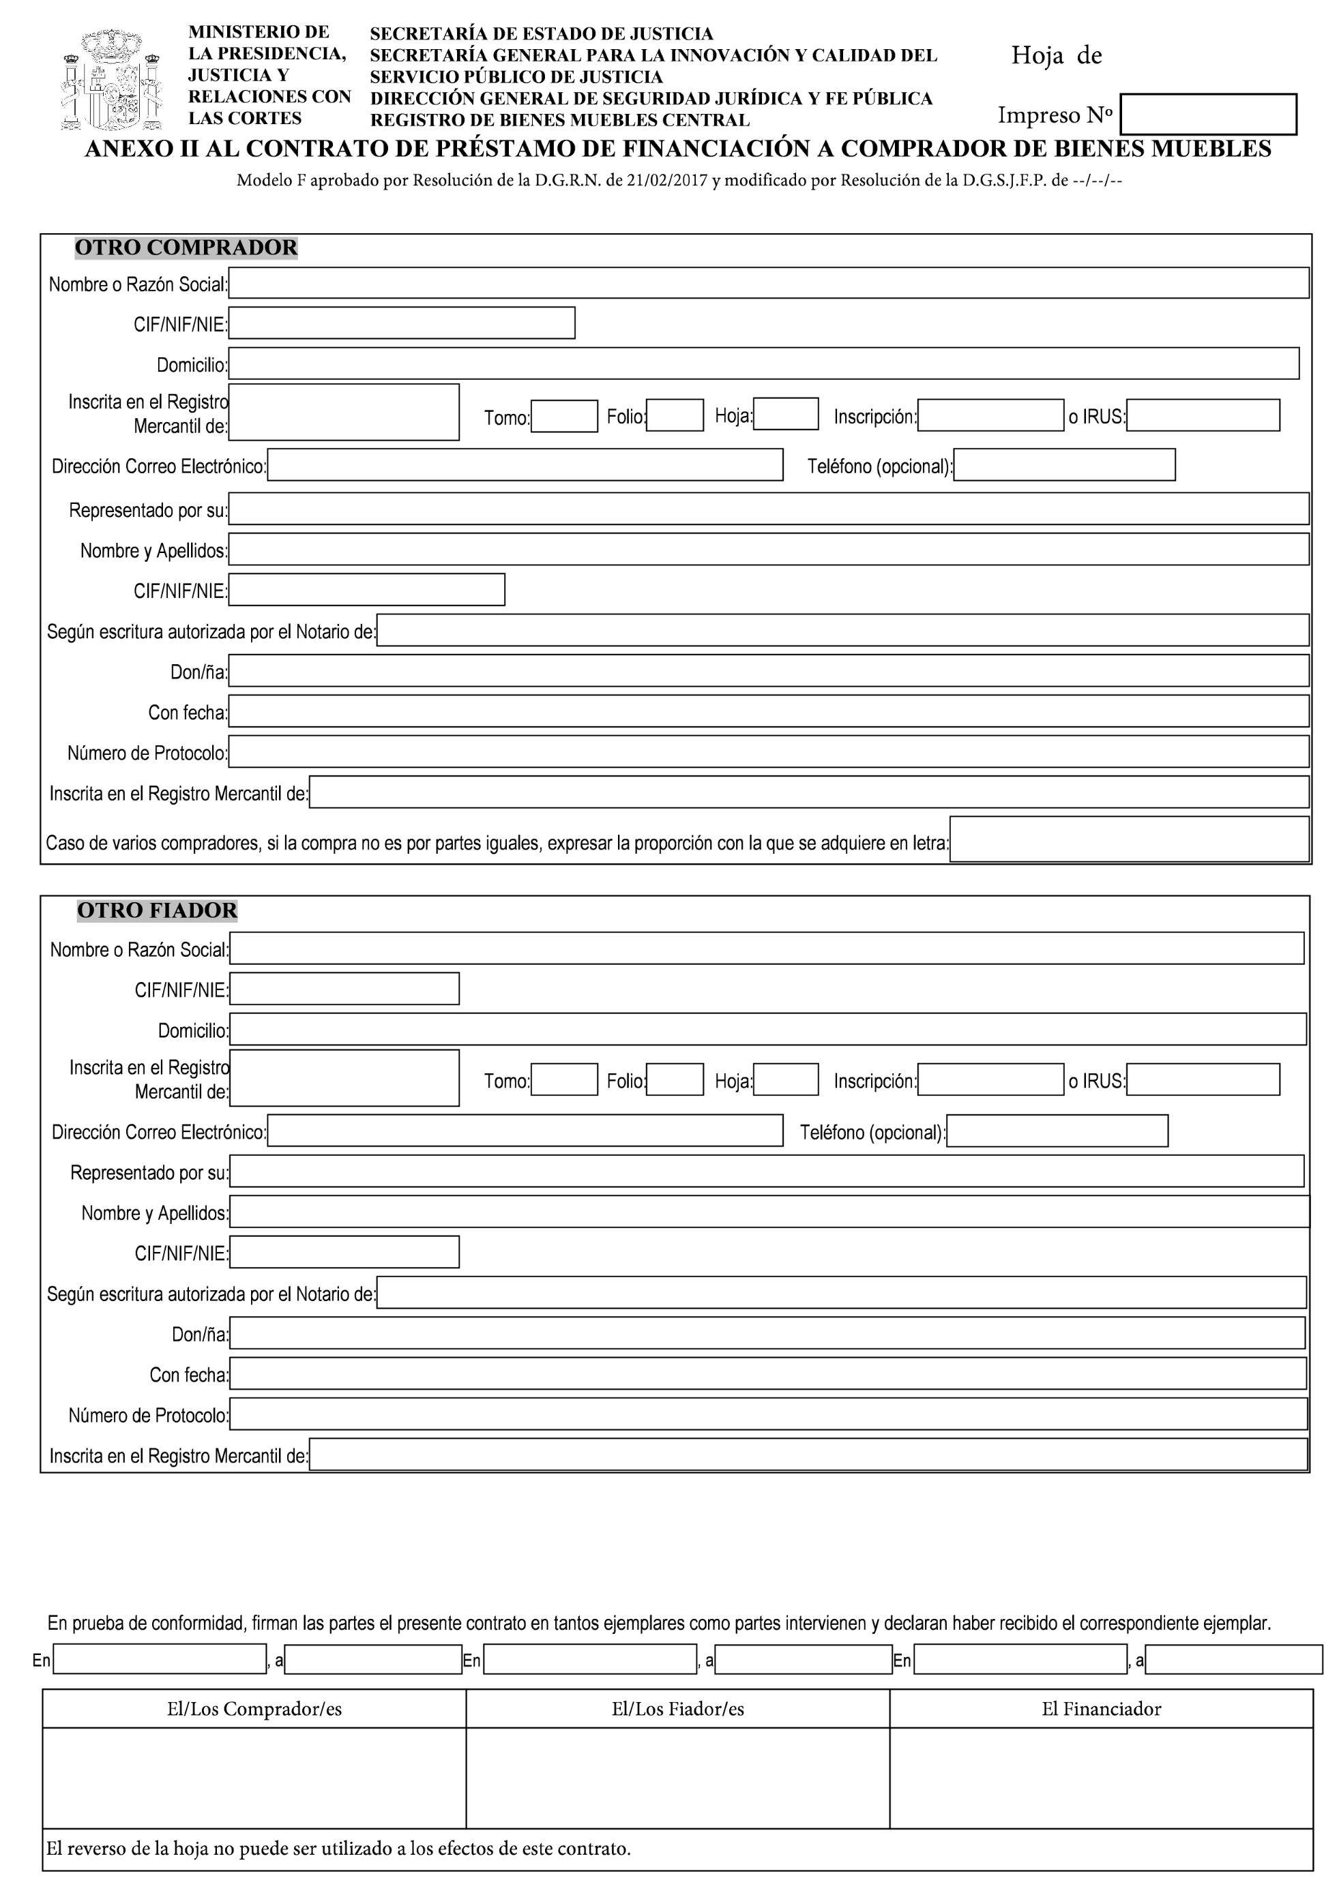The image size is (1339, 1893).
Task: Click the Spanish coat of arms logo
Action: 112,80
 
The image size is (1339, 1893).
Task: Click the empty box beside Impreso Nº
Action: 1207,114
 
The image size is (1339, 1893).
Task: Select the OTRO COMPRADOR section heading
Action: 186,248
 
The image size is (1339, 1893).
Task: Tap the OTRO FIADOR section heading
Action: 157,910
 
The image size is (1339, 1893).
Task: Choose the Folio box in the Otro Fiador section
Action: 675,1079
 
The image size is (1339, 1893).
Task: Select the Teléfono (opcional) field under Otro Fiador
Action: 1057,1131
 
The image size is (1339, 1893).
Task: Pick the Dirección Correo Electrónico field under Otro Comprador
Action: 525,465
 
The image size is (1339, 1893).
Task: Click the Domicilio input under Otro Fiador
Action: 767,1029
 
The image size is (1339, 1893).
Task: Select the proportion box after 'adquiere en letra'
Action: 1129,839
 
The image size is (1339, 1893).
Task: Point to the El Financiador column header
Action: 1101,1709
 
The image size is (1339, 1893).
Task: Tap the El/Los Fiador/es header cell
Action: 678,1709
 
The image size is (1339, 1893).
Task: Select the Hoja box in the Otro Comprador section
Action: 786,414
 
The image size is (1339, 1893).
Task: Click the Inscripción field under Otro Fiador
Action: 990,1079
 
